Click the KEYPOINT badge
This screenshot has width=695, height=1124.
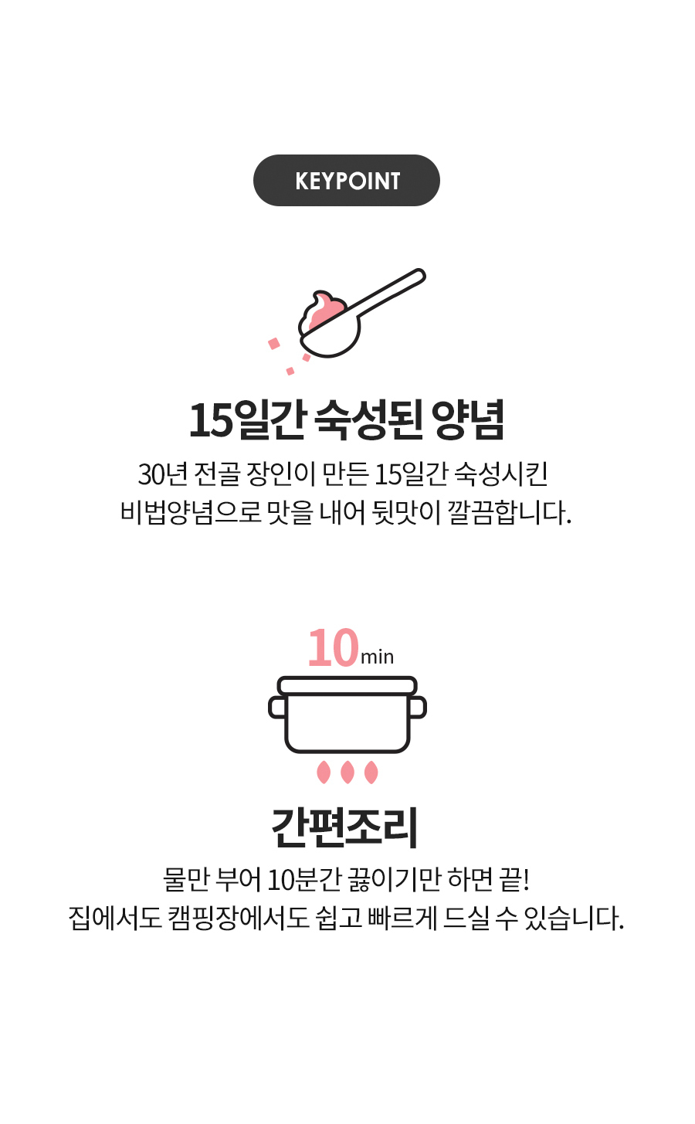click(x=347, y=180)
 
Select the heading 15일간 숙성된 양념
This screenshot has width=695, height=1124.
click(x=347, y=420)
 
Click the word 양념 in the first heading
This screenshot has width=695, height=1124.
click(x=467, y=420)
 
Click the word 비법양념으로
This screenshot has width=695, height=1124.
click(x=191, y=513)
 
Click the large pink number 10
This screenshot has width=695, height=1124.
click(x=334, y=648)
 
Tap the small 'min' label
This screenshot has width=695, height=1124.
click(x=377, y=657)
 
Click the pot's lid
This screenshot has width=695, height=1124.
click(x=347, y=685)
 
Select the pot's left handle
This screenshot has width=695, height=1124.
click(x=277, y=707)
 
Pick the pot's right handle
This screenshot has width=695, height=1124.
click(x=418, y=707)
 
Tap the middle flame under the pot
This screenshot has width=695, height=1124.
click(x=347, y=773)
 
